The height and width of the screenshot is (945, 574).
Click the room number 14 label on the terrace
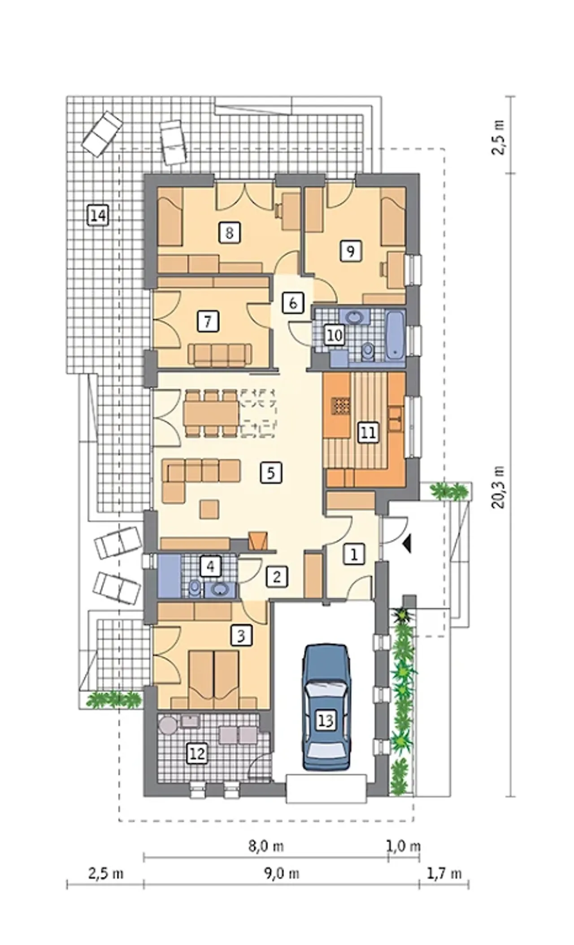(98, 216)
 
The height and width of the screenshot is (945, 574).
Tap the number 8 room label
(229, 233)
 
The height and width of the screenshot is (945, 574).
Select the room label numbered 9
(350, 251)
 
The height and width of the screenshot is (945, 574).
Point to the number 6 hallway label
(293, 303)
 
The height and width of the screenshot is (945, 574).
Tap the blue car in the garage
(326, 707)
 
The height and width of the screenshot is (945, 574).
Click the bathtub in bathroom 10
(396, 335)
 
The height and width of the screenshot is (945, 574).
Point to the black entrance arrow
(407, 544)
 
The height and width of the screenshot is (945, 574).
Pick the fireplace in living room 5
(259, 541)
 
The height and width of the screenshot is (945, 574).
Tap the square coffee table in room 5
(209, 509)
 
